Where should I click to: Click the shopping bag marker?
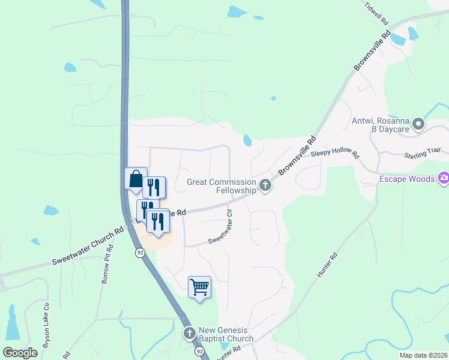136,179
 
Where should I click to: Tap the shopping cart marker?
199,287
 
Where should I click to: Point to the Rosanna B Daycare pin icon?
419,125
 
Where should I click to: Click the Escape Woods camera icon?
444,178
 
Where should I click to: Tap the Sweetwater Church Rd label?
87,245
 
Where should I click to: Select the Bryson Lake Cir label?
46,329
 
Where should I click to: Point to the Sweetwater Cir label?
220,227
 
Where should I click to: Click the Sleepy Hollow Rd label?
335,154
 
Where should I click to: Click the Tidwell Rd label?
378,14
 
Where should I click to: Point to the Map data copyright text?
423,355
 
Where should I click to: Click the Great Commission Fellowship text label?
221,186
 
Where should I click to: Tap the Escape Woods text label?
408,178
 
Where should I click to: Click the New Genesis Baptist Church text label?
226,335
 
